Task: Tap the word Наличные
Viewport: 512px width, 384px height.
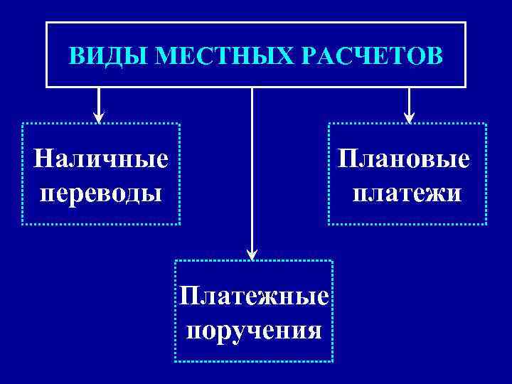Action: pos(102,157)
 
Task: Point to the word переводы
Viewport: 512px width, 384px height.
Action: pos(102,191)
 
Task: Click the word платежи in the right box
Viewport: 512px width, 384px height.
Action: pos(406,193)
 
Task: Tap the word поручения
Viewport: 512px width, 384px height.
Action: pos(254,330)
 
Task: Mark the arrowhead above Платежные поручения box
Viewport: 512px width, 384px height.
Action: pos(252,252)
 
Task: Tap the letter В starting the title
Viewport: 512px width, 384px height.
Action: pos(75,55)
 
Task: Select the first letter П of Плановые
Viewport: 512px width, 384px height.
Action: pos(347,159)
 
